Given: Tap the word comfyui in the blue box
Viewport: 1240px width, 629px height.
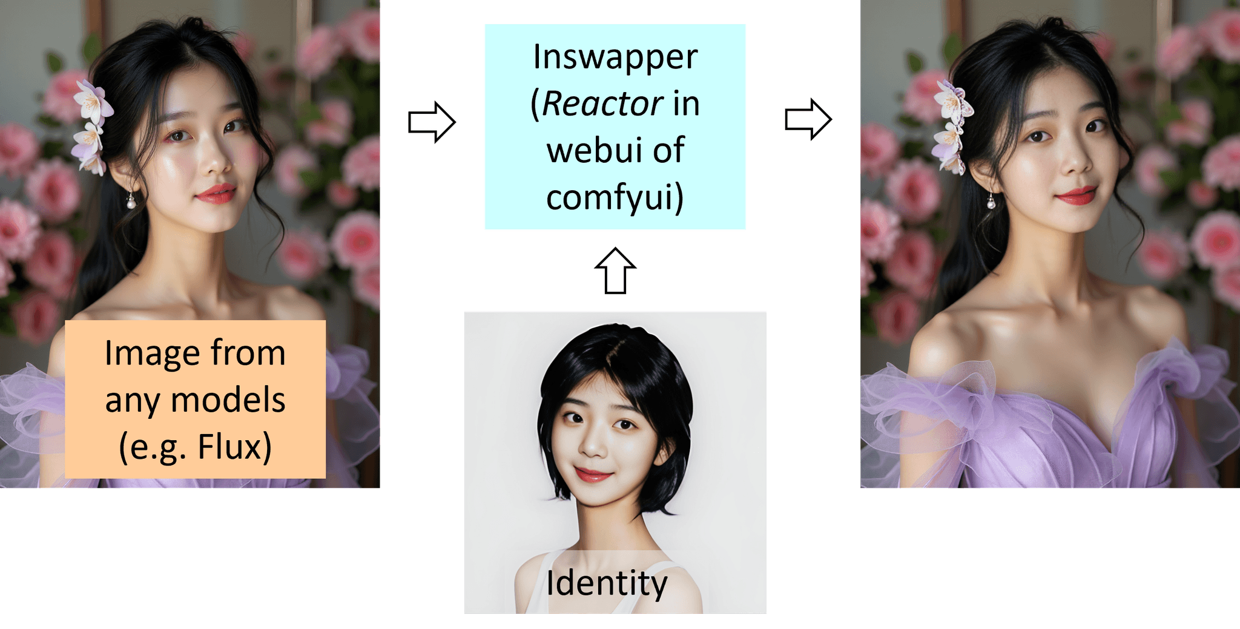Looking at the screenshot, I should pos(610,199).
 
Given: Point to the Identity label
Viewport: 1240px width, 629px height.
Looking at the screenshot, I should pos(607,583).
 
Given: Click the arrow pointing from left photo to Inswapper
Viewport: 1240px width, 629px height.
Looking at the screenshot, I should pos(431,122).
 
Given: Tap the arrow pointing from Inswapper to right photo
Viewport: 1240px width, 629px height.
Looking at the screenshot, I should pos(808,119).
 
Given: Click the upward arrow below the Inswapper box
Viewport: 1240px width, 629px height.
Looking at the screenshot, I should pos(615,271).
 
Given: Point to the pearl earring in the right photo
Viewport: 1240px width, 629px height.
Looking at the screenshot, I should pos(991,202).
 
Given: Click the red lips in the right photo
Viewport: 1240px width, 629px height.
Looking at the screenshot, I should pos(1076,195).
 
